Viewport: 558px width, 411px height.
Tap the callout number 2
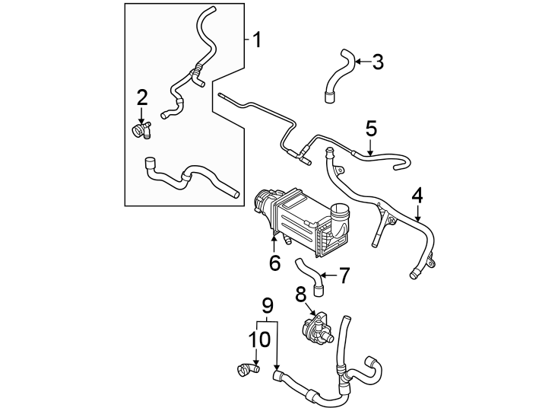(x=142, y=97)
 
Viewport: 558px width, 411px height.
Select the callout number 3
(x=377, y=62)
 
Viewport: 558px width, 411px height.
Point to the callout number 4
(x=417, y=196)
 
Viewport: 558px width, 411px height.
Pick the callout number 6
(x=274, y=263)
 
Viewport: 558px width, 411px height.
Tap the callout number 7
(x=344, y=275)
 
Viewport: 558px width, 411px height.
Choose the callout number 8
(x=300, y=292)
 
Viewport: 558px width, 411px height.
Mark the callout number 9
(x=267, y=305)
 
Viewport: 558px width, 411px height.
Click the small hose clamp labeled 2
(x=142, y=130)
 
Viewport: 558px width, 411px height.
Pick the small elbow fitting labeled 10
(x=246, y=371)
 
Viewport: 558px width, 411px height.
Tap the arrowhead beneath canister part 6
(x=274, y=241)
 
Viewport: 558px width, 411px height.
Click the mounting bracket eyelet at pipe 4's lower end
(x=433, y=263)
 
